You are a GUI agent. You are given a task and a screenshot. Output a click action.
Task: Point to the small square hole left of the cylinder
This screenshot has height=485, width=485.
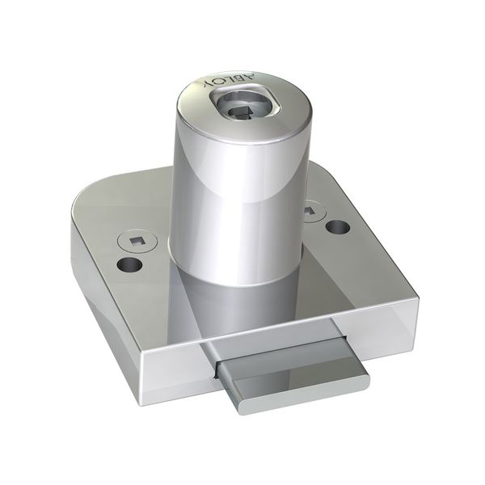click(x=134, y=240)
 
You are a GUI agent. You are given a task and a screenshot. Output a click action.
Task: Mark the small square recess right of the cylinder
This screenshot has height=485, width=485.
click(x=310, y=212)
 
